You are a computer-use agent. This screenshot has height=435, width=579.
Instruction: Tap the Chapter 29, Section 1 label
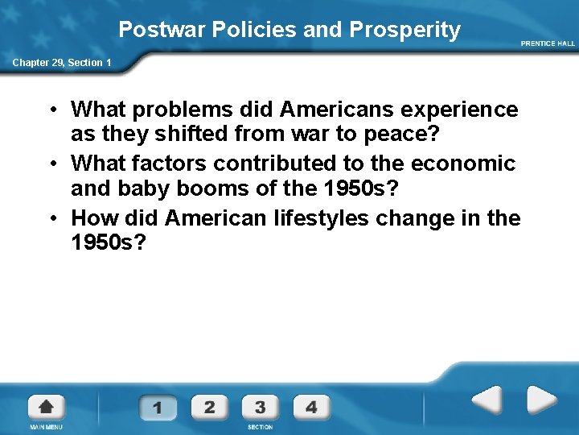click(x=61, y=62)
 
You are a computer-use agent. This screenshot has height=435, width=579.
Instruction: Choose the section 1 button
click(x=158, y=407)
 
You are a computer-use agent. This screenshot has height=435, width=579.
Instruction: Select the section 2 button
click(x=209, y=407)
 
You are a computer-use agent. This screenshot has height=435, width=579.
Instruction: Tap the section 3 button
click(x=260, y=407)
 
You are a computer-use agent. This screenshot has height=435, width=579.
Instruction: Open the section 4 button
click(x=311, y=407)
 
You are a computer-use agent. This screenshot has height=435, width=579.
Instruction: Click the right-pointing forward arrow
click(x=541, y=400)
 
